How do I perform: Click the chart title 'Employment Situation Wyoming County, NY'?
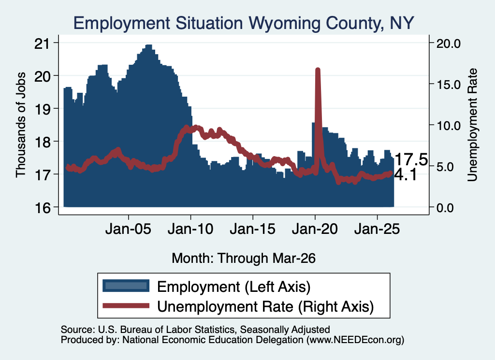point(244,23)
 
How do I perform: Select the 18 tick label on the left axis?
point(42,142)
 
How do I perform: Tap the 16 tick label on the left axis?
point(42,207)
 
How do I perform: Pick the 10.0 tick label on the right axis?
point(448,125)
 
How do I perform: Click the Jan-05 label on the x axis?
point(128,229)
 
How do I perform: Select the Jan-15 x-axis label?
point(252,229)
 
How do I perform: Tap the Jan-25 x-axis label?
point(377,229)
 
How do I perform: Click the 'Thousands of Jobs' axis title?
point(20,125)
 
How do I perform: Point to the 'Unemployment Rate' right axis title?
point(472,125)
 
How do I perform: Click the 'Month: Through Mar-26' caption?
point(244,258)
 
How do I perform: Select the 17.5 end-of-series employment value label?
point(411,159)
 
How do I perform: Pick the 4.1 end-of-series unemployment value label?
point(406,175)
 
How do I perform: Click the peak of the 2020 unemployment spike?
point(318,70)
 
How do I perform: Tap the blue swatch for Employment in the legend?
point(126,286)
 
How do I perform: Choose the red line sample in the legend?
point(126,305)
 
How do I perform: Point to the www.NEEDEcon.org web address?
point(355,340)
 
